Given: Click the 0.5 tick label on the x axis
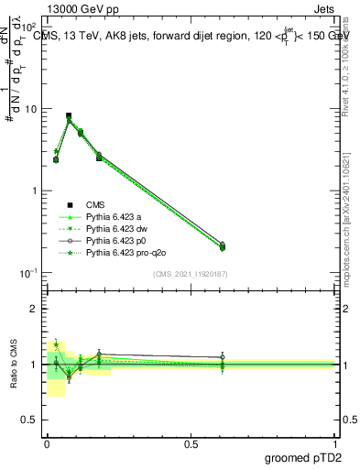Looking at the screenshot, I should (191, 442).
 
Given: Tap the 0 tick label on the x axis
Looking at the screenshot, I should (47, 442).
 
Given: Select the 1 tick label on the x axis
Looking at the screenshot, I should (336, 442).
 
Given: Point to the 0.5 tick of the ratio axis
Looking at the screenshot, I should (30, 420).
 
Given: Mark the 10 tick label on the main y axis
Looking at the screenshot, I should (32, 109).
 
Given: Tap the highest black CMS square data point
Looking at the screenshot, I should (69, 116).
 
